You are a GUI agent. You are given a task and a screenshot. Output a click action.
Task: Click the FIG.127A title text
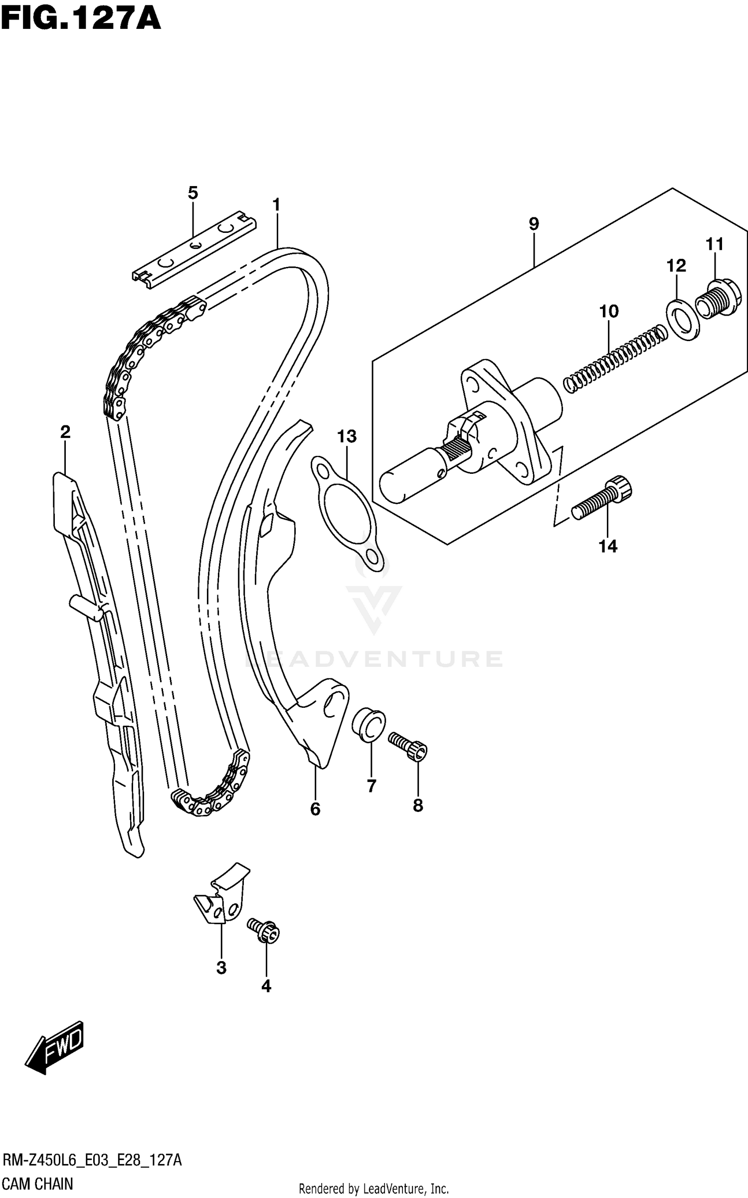pyautogui.click(x=81, y=19)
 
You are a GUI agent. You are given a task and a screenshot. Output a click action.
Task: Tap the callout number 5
pyautogui.click(x=193, y=193)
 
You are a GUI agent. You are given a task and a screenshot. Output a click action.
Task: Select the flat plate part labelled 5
pyautogui.click(x=194, y=249)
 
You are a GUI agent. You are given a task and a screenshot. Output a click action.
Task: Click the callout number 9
pyautogui.click(x=534, y=224)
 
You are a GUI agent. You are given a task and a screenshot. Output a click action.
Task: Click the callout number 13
pyautogui.click(x=347, y=436)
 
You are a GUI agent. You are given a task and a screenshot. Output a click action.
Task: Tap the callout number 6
pyautogui.click(x=315, y=809)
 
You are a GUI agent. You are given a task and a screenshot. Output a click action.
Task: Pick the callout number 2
pyautogui.click(x=65, y=432)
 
